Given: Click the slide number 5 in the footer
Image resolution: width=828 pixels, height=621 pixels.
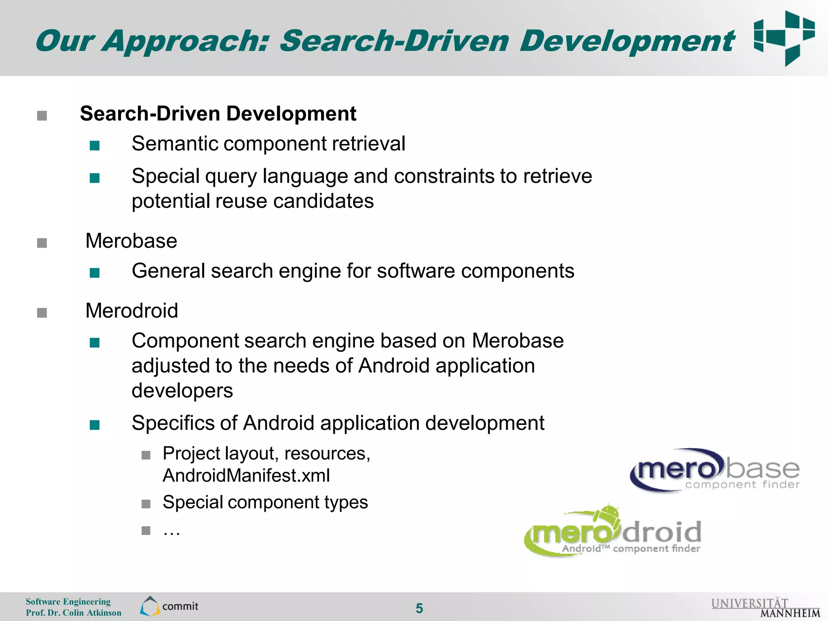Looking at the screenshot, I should coord(419,608).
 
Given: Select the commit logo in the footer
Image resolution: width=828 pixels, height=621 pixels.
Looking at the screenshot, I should coord(169,606).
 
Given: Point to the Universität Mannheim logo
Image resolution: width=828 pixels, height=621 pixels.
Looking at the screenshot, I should coord(765,608).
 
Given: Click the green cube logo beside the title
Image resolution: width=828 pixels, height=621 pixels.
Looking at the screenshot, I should coord(784,38).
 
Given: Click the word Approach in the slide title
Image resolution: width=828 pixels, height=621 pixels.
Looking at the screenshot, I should coord(184,41).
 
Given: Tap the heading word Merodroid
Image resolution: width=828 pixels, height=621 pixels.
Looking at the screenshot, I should coord(132,311).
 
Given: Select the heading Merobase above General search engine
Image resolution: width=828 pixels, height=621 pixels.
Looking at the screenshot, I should coord(131,241).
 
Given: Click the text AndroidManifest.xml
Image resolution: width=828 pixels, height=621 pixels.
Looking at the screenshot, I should coord(246,475).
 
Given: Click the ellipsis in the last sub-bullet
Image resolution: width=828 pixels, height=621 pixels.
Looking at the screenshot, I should coord(171,531).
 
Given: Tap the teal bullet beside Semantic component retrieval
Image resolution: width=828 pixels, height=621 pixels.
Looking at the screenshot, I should coord(95,146).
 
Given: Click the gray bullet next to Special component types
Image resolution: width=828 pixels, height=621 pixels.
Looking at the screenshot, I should coord(146,504).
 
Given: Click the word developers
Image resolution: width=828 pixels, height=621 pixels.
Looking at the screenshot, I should coord(182,391).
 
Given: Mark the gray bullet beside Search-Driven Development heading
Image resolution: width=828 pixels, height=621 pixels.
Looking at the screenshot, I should coord(42,116).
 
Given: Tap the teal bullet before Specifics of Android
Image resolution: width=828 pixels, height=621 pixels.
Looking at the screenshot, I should coord(95,425).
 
